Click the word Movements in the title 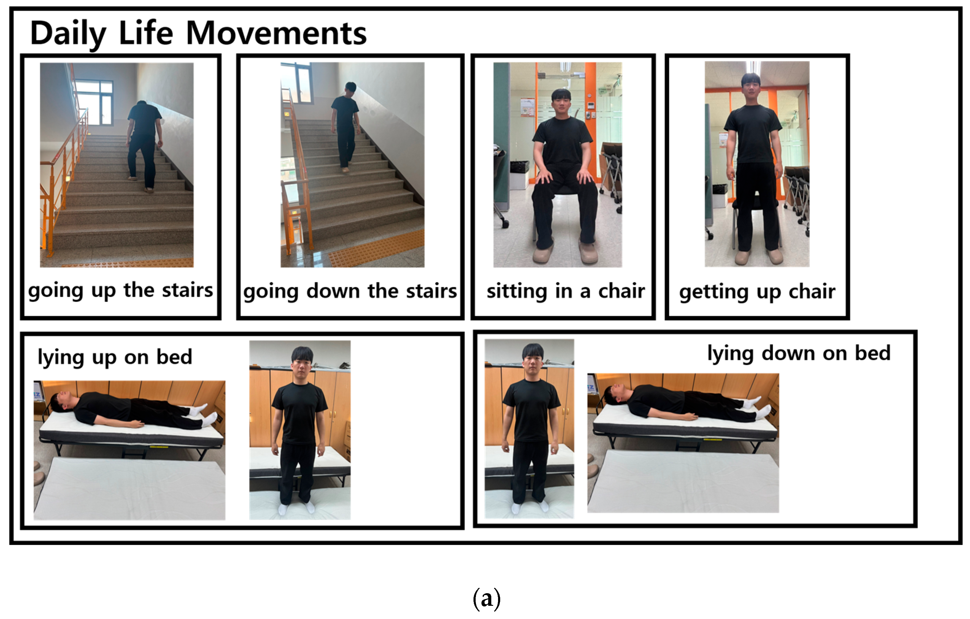(276, 33)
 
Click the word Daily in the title (68, 35)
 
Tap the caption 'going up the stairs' (120, 291)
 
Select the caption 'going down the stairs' (350, 292)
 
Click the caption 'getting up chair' (757, 292)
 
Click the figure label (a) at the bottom (487, 598)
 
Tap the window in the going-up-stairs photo (94, 103)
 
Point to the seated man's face (561, 103)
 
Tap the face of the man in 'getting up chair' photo (751, 90)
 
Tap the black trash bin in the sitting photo (520, 172)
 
